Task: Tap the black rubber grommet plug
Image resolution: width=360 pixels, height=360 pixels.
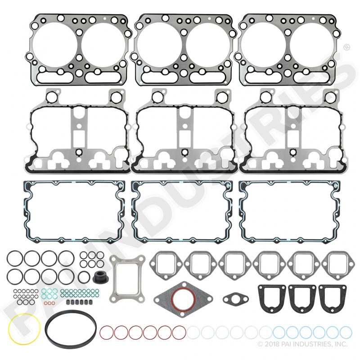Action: [101, 276]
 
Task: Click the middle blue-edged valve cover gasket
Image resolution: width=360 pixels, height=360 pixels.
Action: [133, 211]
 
